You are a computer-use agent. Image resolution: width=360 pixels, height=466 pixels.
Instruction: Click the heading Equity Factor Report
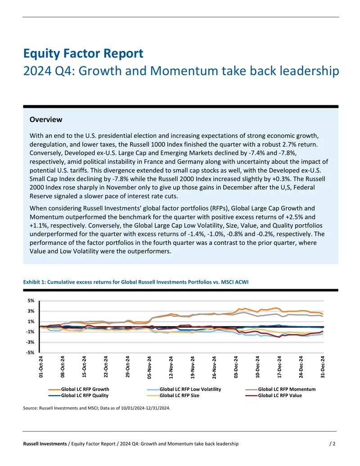(x=83, y=54)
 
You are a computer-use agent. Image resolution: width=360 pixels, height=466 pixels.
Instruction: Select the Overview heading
(x=46, y=119)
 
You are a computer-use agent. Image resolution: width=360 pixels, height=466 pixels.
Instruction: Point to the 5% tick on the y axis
(x=31, y=301)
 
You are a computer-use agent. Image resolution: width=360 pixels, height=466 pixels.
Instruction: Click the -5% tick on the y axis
(x=31, y=353)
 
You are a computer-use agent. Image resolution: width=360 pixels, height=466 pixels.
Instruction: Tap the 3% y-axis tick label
(x=31, y=311)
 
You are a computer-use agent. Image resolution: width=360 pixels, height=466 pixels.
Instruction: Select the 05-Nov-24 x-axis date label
(x=149, y=367)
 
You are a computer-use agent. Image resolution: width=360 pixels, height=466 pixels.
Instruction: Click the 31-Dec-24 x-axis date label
(x=323, y=367)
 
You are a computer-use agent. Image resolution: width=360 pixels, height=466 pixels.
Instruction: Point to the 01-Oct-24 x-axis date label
(x=41, y=367)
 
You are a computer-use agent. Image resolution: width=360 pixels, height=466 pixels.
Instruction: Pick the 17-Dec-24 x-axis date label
(x=279, y=367)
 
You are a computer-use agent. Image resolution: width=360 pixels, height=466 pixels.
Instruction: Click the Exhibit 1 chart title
(x=136, y=282)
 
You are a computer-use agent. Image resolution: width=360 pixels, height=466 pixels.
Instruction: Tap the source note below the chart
(x=97, y=408)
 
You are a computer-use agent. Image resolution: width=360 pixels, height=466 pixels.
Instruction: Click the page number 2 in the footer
(x=334, y=443)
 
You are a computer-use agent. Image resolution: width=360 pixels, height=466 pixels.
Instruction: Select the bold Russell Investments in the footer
(x=45, y=443)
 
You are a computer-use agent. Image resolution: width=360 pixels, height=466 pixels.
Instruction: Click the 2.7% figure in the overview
(x=288, y=145)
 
